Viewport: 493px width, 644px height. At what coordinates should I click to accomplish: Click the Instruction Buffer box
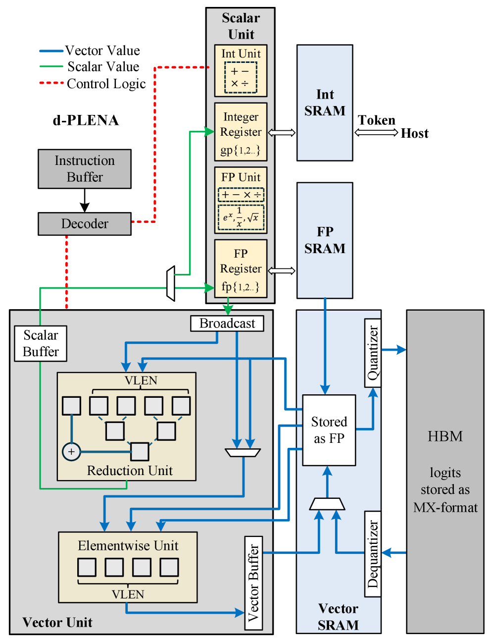[x=85, y=169]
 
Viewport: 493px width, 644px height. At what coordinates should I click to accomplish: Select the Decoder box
[x=85, y=224]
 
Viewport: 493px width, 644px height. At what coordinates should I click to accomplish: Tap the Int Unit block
[x=241, y=71]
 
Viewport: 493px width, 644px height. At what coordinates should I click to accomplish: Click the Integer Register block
[x=241, y=132]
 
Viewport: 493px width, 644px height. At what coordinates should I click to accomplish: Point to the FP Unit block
[x=241, y=200]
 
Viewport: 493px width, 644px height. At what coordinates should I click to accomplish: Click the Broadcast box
[x=227, y=323]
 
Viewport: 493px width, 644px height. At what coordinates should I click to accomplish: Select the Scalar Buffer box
[x=41, y=343]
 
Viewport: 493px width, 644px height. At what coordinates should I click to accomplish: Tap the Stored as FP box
[x=329, y=430]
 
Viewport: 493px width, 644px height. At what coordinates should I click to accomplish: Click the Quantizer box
[x=373, y=353]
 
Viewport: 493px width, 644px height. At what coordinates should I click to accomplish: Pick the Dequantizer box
[x=373, y=554]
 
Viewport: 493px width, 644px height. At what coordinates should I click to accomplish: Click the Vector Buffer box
[x=253, y=583]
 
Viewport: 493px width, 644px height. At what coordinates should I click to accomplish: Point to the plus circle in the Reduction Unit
[x=71, y=452]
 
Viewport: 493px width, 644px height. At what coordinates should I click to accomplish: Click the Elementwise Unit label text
[x=128, y=546]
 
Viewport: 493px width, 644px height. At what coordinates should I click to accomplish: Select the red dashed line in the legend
[x=51, y=83]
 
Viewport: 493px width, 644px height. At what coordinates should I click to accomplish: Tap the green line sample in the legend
[x=51, y=66]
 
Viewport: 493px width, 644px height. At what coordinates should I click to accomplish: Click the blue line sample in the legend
[x=51, y=51]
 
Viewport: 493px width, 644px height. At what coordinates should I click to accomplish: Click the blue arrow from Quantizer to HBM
[x=394, y=350]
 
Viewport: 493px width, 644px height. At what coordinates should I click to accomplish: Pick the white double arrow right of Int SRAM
[x=376, y=132]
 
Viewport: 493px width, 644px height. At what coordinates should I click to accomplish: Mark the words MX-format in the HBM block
[x=445, y=507]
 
